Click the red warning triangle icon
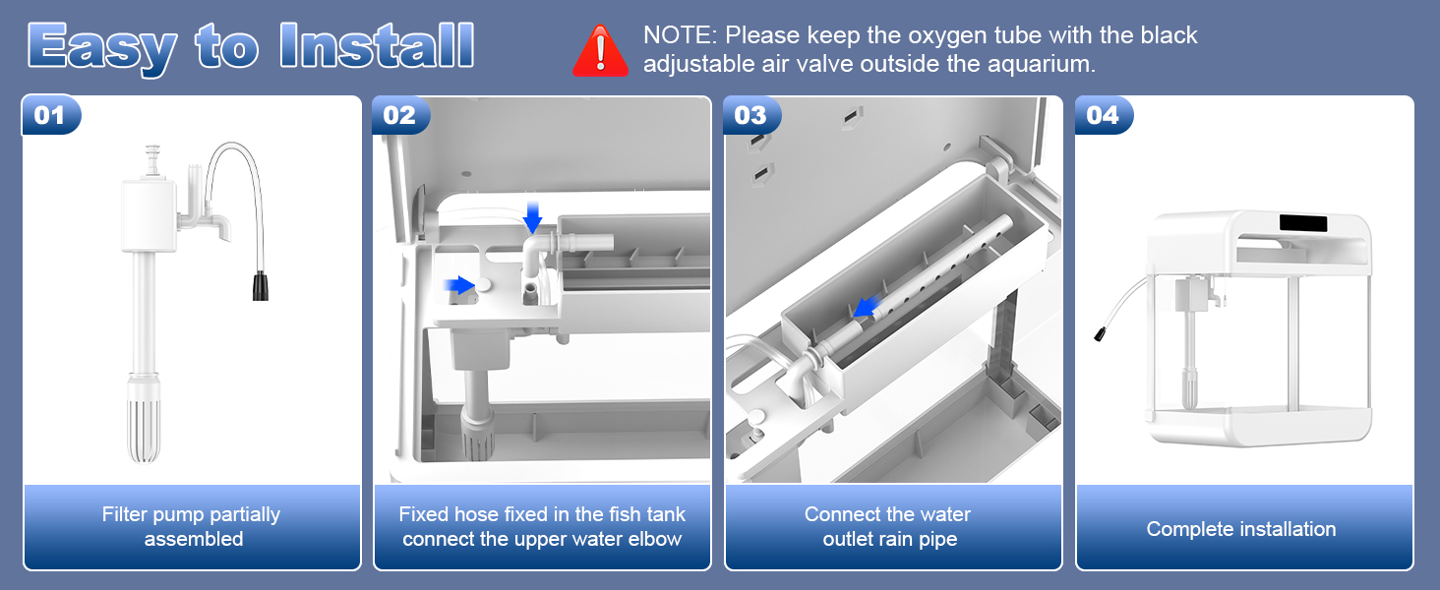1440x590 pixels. point(600,51)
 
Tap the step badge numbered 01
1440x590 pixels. point(49,116)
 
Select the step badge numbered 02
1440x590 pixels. point(399,116)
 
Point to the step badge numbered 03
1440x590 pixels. point(750,116)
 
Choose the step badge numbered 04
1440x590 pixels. point(1103,116)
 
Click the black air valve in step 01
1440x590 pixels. point(261,287)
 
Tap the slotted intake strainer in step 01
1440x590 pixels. point(144,427)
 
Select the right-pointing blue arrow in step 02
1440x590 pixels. point(458,285)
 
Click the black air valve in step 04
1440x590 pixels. point(1097,334)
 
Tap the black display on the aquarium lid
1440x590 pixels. point(1303,223)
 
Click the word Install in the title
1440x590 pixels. point(377,46)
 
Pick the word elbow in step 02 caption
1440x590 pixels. point(658,539)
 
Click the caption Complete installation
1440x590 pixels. point(1241,529)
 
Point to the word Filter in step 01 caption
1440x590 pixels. point(126,514)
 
